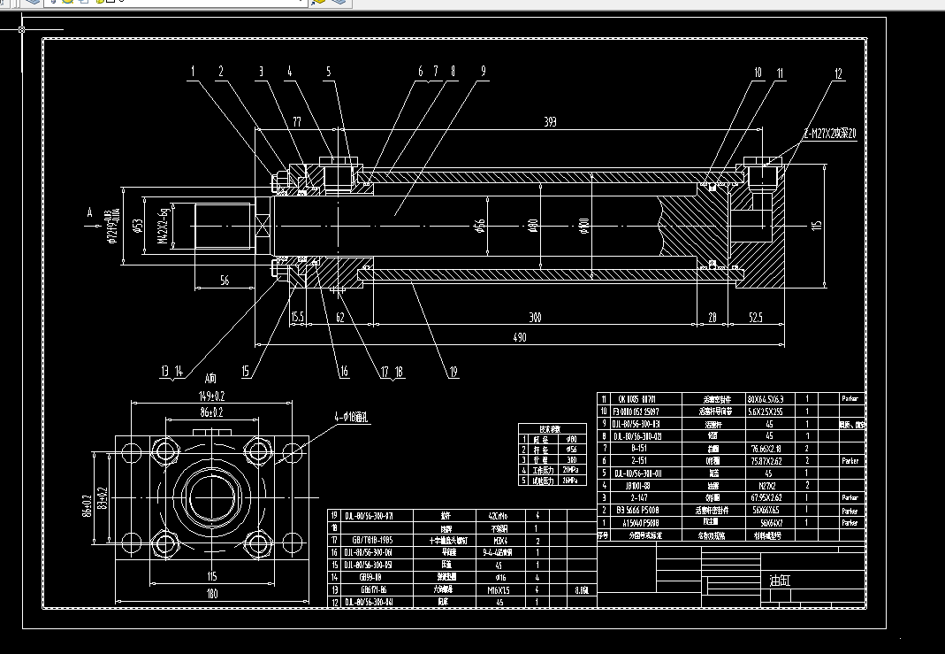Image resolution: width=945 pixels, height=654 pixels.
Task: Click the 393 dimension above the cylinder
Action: (x=549, y=122)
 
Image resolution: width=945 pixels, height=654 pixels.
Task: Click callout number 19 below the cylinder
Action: (x=453, y=373)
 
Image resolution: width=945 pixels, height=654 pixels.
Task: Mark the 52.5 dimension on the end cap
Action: (x=755, y=317)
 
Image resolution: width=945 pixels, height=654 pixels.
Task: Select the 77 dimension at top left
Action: (x=297, y=122)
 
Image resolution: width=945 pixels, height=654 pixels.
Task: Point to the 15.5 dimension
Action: (x=297, y=316)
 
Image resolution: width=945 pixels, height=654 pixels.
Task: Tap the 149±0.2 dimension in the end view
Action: (x=211, y=396)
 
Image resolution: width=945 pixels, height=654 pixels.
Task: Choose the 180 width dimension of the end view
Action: (x=211, y=595)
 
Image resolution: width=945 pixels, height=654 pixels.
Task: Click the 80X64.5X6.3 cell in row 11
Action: (x=765, y=399)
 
